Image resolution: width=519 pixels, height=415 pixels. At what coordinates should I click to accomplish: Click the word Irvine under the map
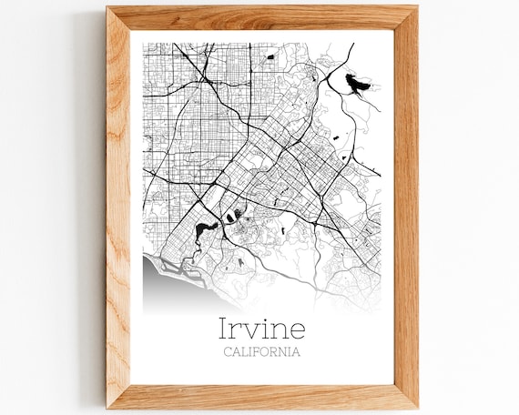[x=261, y=329]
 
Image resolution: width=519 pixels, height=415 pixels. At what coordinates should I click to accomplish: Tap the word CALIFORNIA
[x=261, y=352]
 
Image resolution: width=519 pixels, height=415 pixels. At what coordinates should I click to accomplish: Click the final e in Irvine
[x=298, y=330]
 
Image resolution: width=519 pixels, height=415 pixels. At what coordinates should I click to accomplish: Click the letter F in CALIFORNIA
[x=256, y=352]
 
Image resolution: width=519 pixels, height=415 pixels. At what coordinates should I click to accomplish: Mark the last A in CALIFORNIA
[x=296, y=352]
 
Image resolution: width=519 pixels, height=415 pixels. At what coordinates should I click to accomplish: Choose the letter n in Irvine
[x=281, y=330]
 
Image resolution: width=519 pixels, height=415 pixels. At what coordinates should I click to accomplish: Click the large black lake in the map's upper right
[x=357, y=85]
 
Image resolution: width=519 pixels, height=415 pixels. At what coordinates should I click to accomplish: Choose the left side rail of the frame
[x=118, y=207]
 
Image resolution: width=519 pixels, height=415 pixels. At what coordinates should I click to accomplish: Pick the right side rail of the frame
[x=406, y=207]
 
